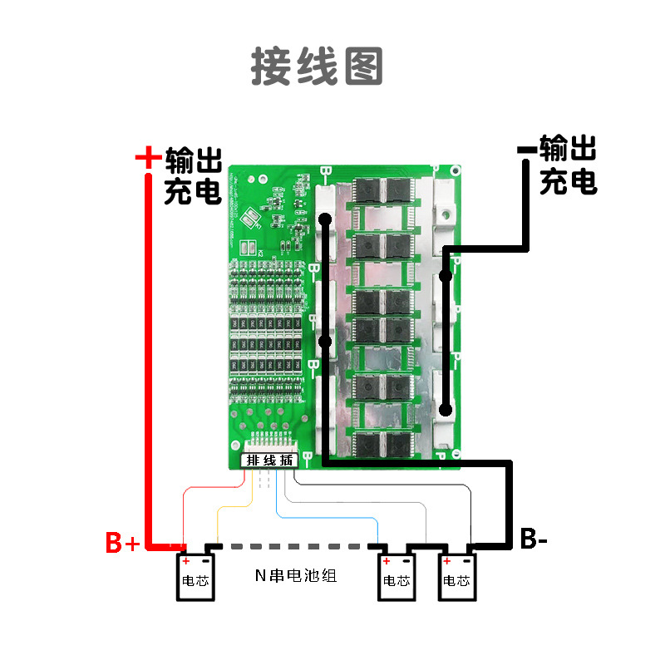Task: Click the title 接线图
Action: (x=317, y=66)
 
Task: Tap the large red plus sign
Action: (x=147, y=157)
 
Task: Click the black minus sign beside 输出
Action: (x=527, y=150)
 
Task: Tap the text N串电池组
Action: (x=296, y=575)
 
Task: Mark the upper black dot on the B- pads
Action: (x=326, y=220)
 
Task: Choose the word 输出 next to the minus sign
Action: (x=568, y=150)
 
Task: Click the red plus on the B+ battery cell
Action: (x=186, y=562)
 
